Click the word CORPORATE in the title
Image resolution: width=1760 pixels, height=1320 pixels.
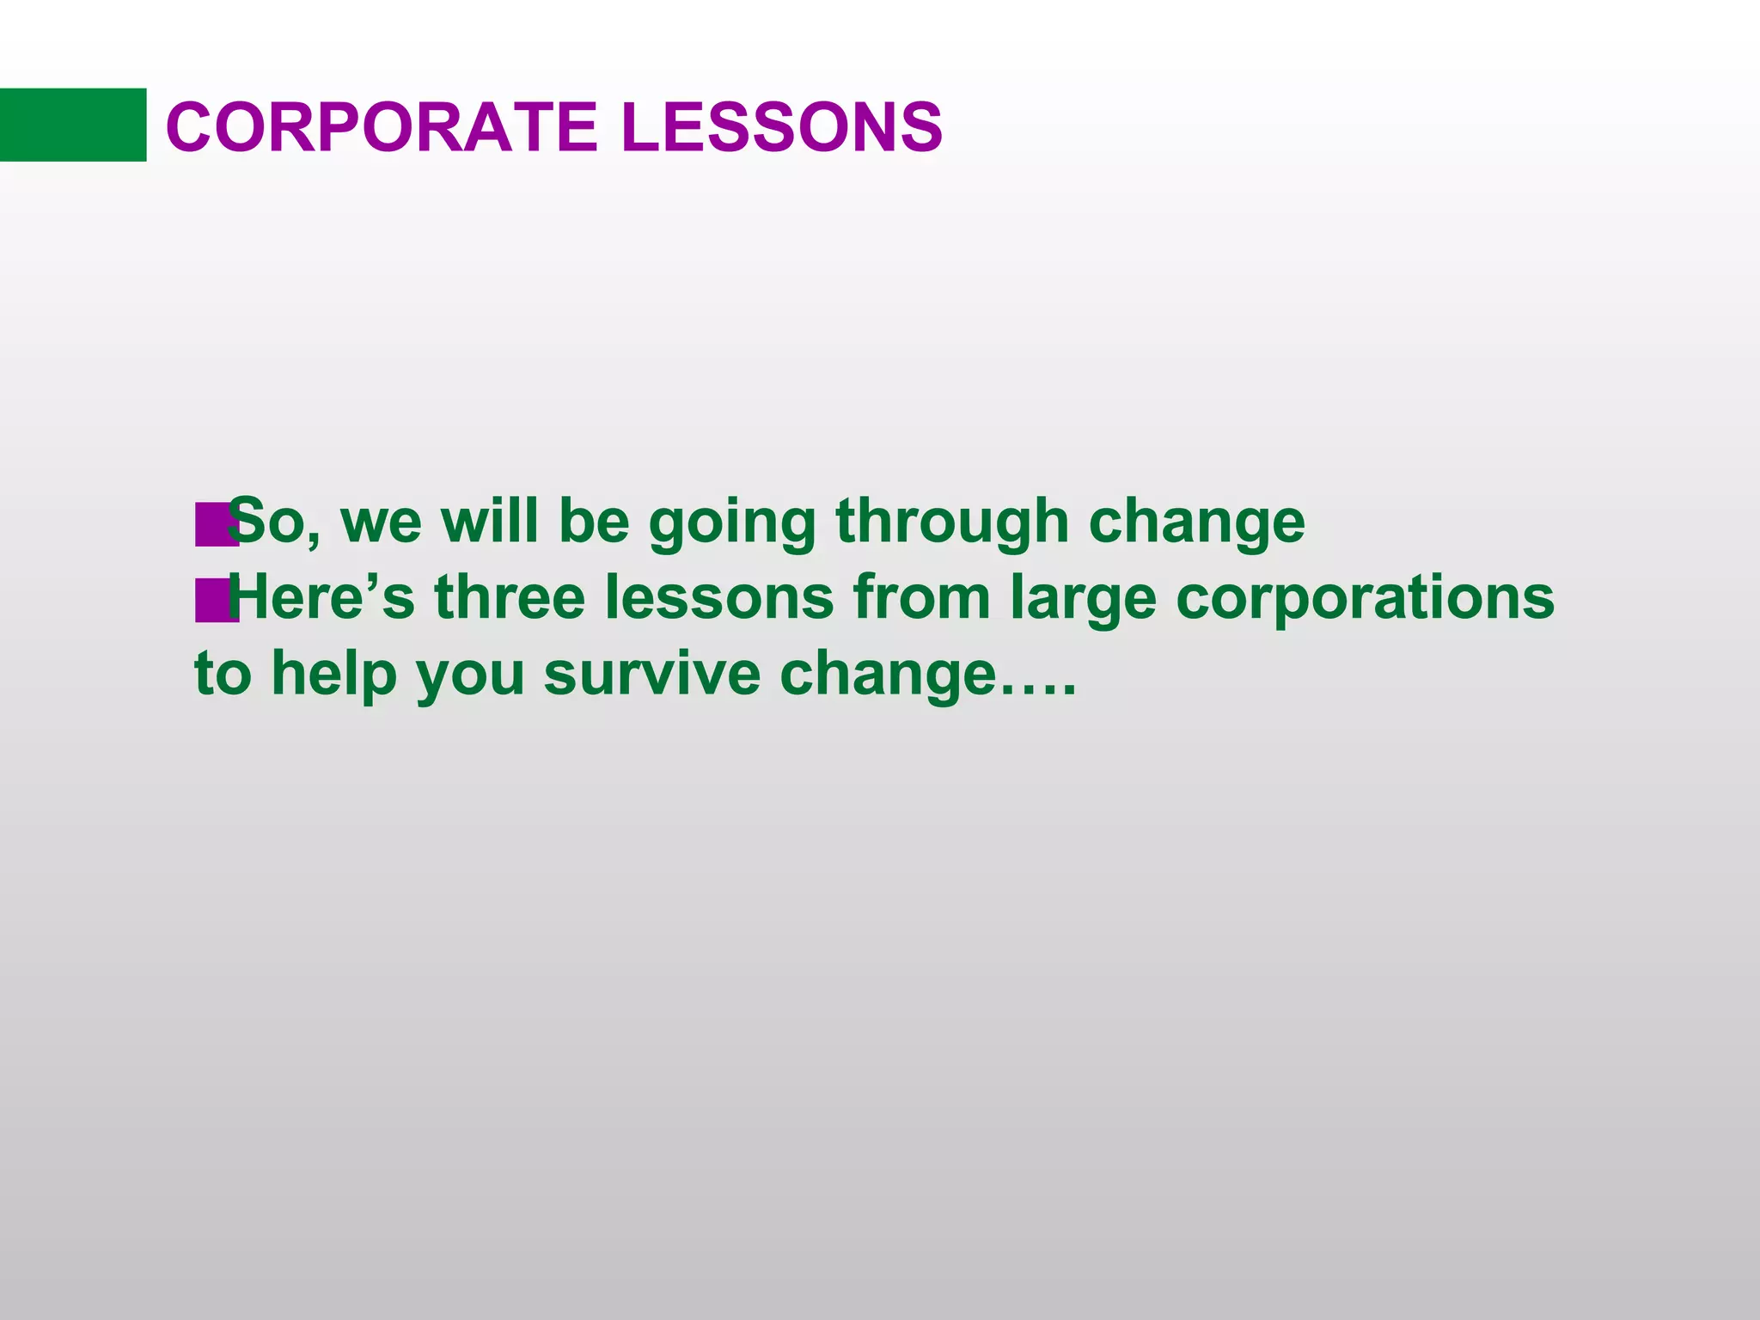[381, 127]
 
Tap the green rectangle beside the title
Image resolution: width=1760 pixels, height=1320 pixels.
[72, 125]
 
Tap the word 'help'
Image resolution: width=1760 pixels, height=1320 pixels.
[334, 674]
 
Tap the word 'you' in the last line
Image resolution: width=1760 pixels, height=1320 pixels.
[470, 675]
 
